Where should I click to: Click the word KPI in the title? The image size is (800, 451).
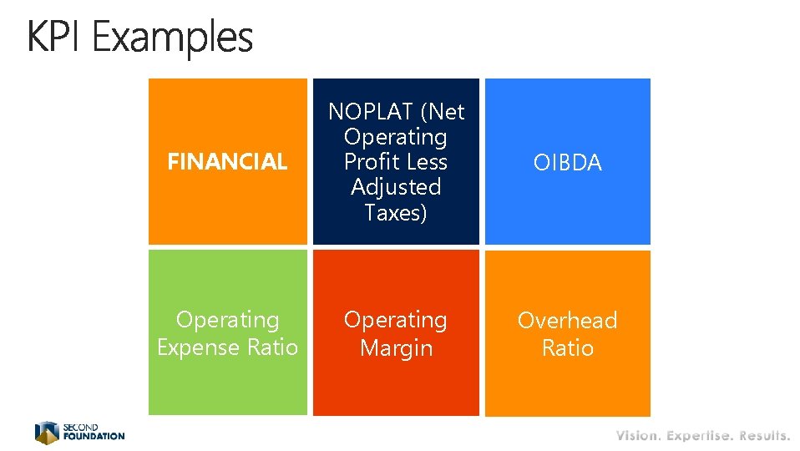[54, 38]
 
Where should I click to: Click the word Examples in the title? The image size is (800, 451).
[173, 39]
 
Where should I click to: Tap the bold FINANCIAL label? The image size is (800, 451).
[227, 162]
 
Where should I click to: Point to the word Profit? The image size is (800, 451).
[372, 162]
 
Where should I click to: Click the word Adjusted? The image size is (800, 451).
[396, 188]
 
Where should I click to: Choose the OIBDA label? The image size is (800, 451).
[567, 163]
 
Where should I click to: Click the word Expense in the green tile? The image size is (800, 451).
[200, 347]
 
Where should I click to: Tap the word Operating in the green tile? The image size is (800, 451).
[227, 320]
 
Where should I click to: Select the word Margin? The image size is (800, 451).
[396, 347]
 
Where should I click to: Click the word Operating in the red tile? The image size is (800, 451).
[396, 320]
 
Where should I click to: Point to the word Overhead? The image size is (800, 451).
[567, 321]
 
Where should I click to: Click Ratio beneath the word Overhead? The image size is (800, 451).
[567, 348]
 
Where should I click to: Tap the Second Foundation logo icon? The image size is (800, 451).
[47, 432]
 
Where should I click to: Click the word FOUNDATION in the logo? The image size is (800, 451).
[94, 436]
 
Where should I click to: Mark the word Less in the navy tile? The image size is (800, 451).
[428, 162]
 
